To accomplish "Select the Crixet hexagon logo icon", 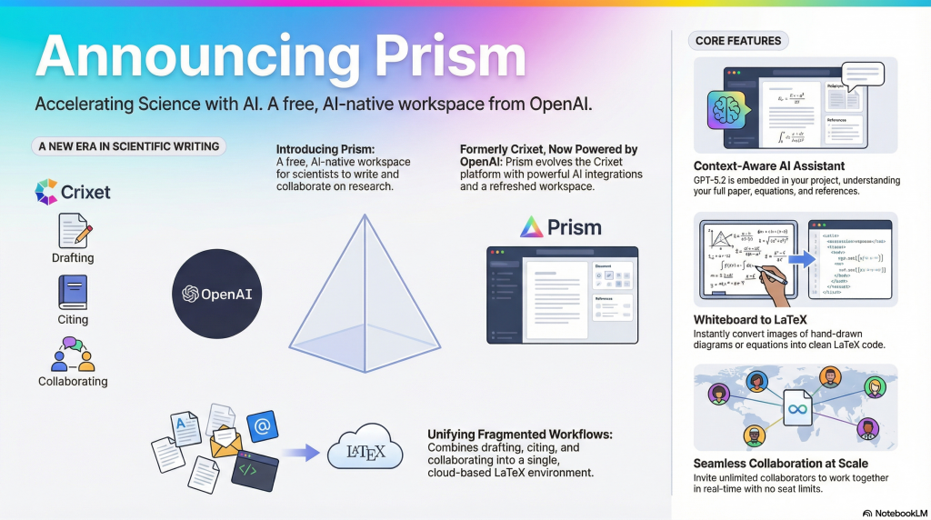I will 45,192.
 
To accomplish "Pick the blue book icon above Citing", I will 73,292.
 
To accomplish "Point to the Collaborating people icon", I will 73,354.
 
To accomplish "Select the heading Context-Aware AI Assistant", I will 769,165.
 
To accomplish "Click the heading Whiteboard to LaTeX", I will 751,320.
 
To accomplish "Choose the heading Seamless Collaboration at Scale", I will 781,464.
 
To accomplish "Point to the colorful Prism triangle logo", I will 531,226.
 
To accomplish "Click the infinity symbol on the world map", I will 796,410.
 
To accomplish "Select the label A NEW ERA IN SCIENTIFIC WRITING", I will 128,145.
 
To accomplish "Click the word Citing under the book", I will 73,319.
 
